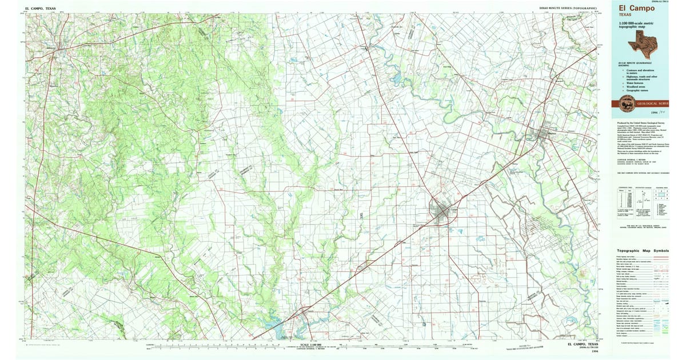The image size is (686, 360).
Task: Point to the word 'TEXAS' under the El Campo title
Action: (x=625, y=15)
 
